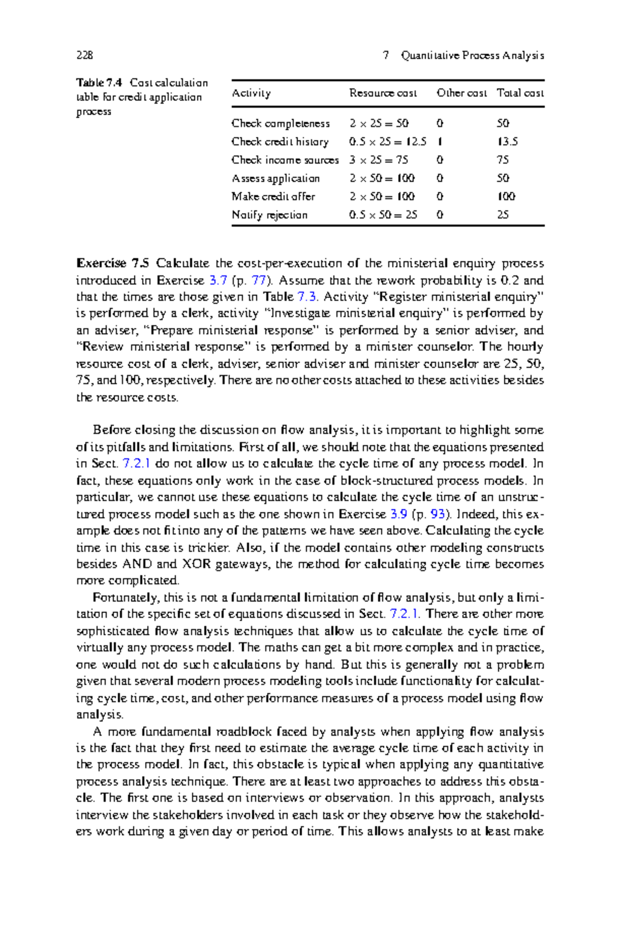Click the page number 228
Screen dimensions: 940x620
click(x=84, y=55)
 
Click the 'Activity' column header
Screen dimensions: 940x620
click(x=251, y=93)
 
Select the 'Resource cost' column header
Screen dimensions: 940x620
click(x=383, y=93)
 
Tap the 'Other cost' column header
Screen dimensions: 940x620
click(x=461, y=93)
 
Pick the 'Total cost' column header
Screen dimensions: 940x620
click(x=520, y=93)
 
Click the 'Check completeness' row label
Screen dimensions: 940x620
click(x=281, y=123)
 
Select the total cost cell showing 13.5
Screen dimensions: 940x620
click(x=507, y=142)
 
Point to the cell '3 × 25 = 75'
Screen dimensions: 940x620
click(x=379, y=160)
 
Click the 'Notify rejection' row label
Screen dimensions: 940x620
click(x=270, y=215)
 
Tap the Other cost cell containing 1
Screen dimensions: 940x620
click(x=439, y=142)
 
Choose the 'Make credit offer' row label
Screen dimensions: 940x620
click(x=273, y=197)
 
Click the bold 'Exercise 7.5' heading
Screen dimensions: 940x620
click(x=113, y=263)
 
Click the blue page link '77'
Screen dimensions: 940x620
click(x=258, y=280)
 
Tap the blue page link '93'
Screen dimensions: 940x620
click(x=438, y=514)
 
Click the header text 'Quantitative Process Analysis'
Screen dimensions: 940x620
click(x=472, y=55)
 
